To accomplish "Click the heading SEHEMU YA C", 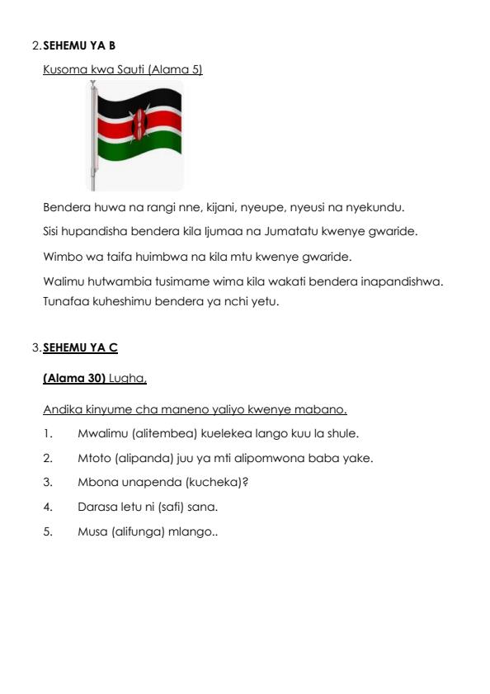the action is point(80,348).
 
